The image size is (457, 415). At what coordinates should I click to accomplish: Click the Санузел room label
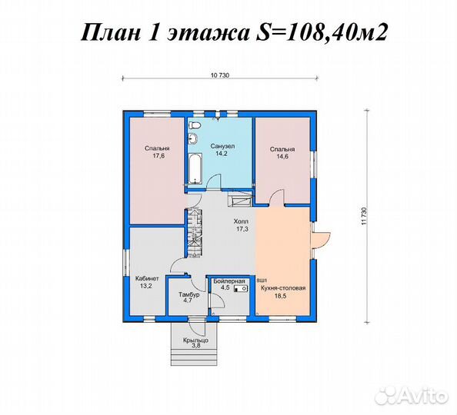pyautogui.click(x=223, y=145)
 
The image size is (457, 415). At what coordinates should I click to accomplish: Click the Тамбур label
pyautogui.click(x=189, y=294)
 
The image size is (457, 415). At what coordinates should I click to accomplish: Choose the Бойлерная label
pyautogui.click(x=229, y=281)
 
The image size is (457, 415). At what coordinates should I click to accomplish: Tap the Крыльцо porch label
pyautogui.click(x=194, y=340)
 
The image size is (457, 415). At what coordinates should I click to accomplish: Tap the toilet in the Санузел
pyautogui.click(x=195, y=124)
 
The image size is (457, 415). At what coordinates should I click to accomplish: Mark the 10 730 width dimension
pyautogui.click(x=220, y=75)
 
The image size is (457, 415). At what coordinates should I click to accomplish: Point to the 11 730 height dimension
pyautogui.click(x=359, y=216)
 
